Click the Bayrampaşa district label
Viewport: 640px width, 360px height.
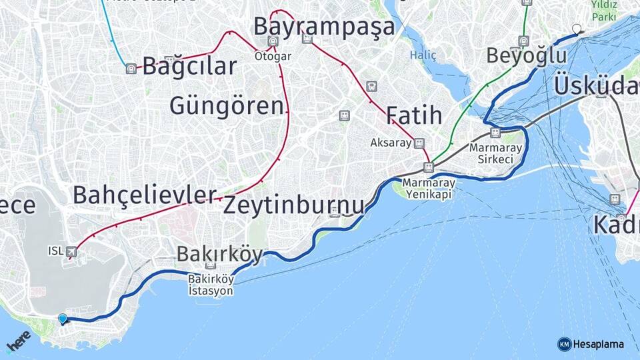coord(324,27)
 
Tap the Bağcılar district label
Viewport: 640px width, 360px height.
coord(189,66)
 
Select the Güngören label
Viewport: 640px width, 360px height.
coord(227,105)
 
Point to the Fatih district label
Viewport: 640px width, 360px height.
coord(413,115)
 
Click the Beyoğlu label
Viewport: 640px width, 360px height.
coord(526,55)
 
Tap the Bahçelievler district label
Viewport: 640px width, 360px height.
coord(145,195)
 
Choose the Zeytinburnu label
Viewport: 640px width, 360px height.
coord(293,205)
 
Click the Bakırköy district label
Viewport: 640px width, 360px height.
coord(219,254)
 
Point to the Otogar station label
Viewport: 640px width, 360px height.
coord(273,56)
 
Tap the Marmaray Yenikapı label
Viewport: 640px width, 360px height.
coord(429,188)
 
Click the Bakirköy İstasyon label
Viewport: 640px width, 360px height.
coord(211,285)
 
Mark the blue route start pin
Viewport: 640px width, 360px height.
coord(63,319)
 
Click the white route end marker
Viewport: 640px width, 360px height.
coord(577,29)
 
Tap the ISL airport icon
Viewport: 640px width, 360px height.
coord(71,251)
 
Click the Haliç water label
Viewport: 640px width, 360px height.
coord(423,55)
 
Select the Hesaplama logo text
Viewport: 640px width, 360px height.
coord(597,344)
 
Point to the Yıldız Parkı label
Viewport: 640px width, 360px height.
coord(604,11)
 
